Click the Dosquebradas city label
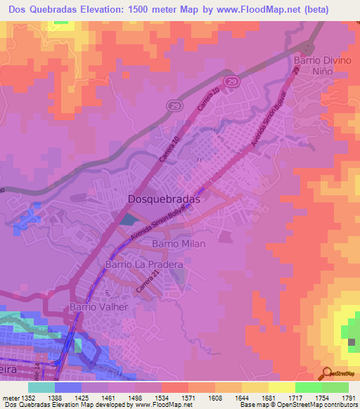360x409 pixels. (165, 199)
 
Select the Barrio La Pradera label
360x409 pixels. (144, 265)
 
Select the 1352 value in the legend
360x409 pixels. (28, 397)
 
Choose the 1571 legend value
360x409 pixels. (188, 397)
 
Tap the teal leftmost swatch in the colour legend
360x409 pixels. (41, 387)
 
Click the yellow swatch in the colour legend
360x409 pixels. (281, 387)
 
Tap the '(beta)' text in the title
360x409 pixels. (333, 9)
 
